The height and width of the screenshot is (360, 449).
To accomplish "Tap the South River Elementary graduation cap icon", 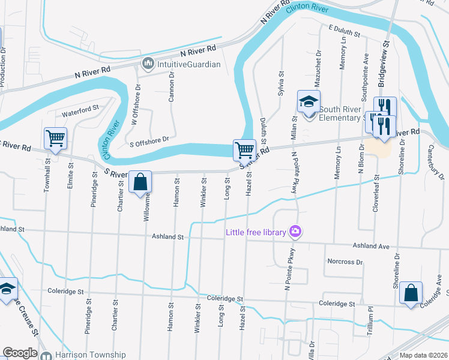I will (x=309, y=102).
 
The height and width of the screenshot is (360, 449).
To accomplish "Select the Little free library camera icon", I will (x=295, y=231).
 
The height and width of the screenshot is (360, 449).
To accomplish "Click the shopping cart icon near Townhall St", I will (x=56, y=139).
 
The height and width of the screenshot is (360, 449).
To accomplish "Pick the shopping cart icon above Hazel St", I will (x=244, y=149).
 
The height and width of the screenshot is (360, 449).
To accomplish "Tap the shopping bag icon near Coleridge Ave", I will (x=411, y=293).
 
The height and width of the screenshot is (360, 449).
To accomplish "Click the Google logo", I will (x=20, y=353).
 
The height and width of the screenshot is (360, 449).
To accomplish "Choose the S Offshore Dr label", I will (x=149, y=139).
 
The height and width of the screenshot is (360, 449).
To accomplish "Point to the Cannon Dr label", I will (x=171, y=87).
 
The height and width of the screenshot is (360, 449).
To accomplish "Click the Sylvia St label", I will (x=280, y=81).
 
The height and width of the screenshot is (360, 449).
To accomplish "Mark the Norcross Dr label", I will (x=345, y=262).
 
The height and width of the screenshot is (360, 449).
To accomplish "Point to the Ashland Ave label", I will (x=371, y=246).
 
